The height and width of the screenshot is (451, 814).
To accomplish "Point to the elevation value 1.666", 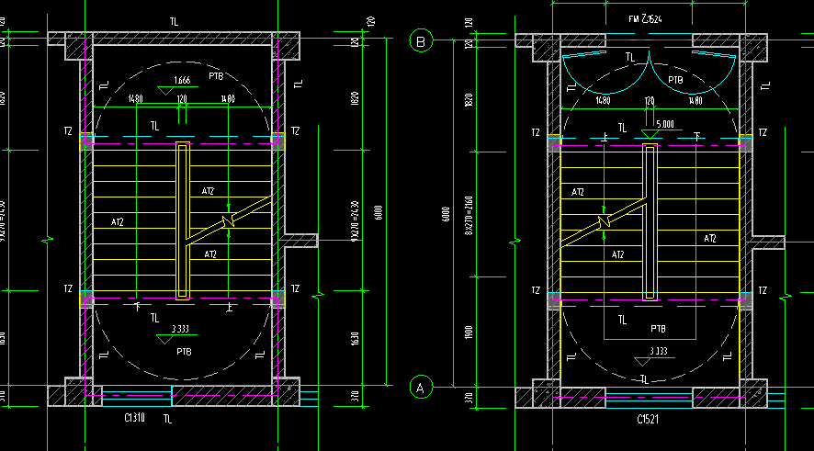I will point(182,81).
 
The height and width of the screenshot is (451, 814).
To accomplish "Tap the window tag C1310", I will point(137,418).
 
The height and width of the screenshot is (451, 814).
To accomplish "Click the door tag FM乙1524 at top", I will point(647,18).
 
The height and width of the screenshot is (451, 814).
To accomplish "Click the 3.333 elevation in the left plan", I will point(181,328).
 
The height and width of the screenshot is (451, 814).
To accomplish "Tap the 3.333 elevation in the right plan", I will point(659,351).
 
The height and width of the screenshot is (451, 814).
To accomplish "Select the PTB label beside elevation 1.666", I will point(216,76).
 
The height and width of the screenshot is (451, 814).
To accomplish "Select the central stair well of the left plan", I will point(183,220).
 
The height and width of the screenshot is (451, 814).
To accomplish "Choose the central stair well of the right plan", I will point(650,222).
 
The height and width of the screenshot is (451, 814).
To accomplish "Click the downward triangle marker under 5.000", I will point(650,134).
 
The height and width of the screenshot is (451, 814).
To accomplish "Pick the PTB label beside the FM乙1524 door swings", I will point(675,80).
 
